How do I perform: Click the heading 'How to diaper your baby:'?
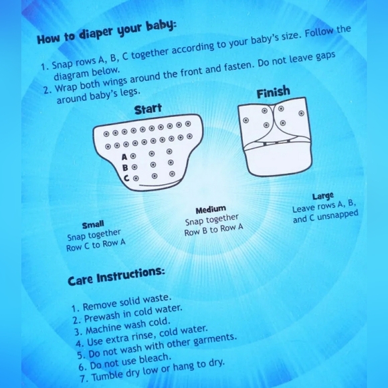106,33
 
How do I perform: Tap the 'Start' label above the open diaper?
148,109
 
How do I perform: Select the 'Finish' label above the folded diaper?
273,92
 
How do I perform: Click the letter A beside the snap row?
124,157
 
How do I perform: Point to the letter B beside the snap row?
125,168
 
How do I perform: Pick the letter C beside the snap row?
126,178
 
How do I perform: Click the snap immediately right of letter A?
133,156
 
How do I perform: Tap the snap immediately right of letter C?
136,178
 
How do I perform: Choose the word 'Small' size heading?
93,225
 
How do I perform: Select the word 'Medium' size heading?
211,210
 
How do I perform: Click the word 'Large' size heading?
323,197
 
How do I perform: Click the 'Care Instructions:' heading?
116,276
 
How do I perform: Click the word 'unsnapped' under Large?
338,215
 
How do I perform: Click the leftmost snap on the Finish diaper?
246,120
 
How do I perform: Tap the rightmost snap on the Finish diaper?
301,113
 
